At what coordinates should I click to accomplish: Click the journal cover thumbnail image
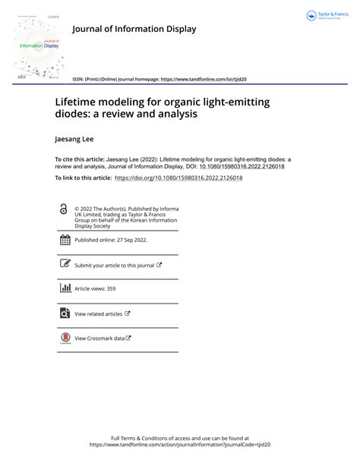pos(39,47)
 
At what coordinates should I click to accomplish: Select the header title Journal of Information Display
pos(134,29)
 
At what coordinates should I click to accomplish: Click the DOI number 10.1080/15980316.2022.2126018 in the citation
pos(242,166)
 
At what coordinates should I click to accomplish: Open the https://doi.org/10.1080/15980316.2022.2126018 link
pos(178,178)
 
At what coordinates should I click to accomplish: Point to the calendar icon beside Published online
pos(65,241)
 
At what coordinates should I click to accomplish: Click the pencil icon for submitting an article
pos(65,265)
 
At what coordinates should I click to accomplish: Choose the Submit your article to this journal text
pos(114,266)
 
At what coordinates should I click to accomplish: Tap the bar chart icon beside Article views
pos(65,288)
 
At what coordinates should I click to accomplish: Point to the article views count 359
pos(111,289)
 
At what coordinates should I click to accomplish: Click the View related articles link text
pos(98,313)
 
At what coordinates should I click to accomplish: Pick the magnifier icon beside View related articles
pos(65,313)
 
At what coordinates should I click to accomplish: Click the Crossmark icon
pos(65,338)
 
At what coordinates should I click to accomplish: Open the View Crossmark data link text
pos(99,338)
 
